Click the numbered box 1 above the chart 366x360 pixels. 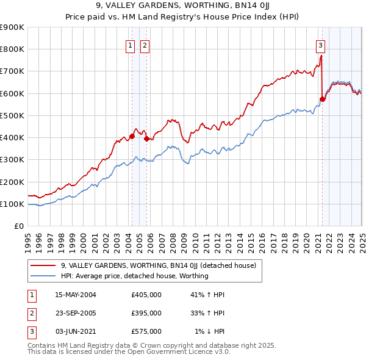point(131,45)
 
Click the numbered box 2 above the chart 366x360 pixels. point(145,45)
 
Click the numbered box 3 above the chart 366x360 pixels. point(320,45)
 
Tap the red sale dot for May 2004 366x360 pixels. point(132,137)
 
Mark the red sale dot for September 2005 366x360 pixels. point(146,139)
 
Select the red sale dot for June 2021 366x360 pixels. point(323,99)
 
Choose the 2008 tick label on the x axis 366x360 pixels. point(173,238)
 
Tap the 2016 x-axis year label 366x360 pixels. point(262,238)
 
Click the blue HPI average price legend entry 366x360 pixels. point(134,276)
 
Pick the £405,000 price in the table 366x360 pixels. point(146,295)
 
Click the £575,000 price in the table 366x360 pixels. point(146,331)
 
